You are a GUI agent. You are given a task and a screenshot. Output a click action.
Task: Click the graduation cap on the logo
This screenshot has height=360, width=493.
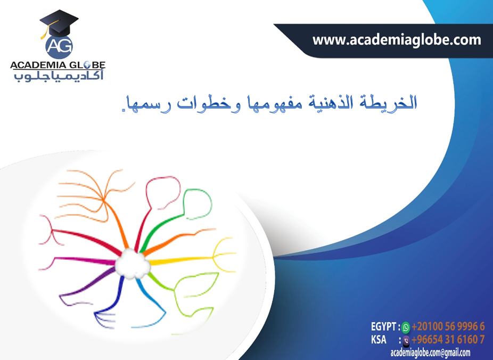pyautogui.click(x=59, y=22)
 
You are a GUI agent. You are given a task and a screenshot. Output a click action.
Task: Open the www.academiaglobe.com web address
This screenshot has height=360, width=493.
pyautogui.click(x=396, y=39)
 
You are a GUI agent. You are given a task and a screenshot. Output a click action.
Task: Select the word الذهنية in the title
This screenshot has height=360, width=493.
pyautogui.click(x=341, y=102)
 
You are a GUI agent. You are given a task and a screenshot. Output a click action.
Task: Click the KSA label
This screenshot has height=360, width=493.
pyautogui.click(x=379, y=340)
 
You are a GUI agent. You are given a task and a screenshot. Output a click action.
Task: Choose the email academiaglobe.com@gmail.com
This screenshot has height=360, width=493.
pyautogui.click(x=430, y=353)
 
